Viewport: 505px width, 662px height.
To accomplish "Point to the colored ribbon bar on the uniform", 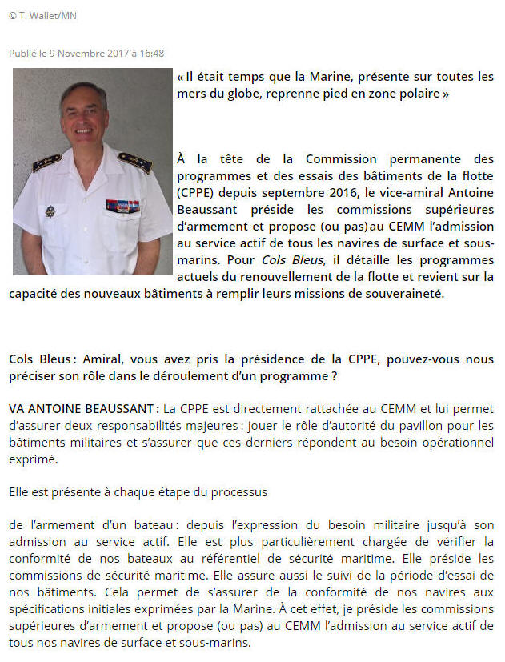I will (122, 205).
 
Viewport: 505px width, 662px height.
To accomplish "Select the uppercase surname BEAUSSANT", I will (118, 409).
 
